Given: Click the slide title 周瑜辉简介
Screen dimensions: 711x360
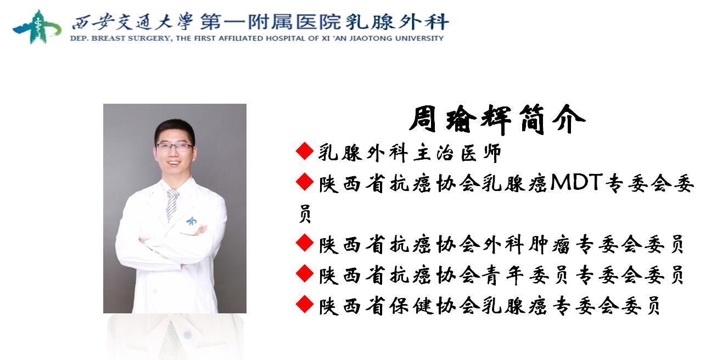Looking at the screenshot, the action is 497,120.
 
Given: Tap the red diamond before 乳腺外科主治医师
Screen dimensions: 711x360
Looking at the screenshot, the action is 305,151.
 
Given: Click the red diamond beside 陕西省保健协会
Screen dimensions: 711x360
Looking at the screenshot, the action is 305,304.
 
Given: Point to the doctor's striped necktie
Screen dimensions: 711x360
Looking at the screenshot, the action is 172,205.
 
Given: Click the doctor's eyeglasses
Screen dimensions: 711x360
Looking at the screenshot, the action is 174,147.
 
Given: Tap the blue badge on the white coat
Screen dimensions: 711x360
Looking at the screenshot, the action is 192,221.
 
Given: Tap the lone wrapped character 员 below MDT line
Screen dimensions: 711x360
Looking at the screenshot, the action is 305,214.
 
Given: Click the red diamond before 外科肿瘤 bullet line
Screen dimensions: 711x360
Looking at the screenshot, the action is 305,243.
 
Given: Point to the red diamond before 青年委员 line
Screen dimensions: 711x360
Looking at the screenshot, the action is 305,273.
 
